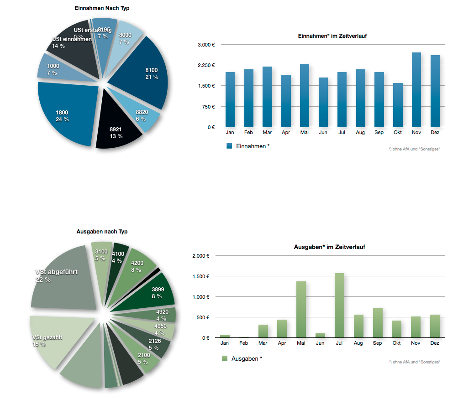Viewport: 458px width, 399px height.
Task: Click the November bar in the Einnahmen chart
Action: pyautogui.click(x=416, y=90)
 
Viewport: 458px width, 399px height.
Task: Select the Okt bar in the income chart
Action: pyautogui.click(x=398, y=105)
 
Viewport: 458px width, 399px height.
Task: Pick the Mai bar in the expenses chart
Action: pyautogui.click(x=301, y=310)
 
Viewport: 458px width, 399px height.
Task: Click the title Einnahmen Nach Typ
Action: pyautogui.click(x=105, y=8)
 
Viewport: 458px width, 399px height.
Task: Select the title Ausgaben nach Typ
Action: pyautogui.click(x=102, y=232)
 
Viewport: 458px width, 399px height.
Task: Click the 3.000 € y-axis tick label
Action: pyautogui.click(x=206, y=45)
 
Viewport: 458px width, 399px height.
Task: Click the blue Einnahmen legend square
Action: pyautogui.click(x=230, y=146)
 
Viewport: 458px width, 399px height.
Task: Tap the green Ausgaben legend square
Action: pyautogui.click(x=225, y=358)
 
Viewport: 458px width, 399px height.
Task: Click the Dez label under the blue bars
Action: pyautogui.click(x=435, y=132)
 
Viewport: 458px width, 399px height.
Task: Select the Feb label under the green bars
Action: pyautogui.click(x=243, y=343)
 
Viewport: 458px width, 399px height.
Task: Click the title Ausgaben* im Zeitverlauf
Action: pyautogui.click(x=329, y=247)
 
